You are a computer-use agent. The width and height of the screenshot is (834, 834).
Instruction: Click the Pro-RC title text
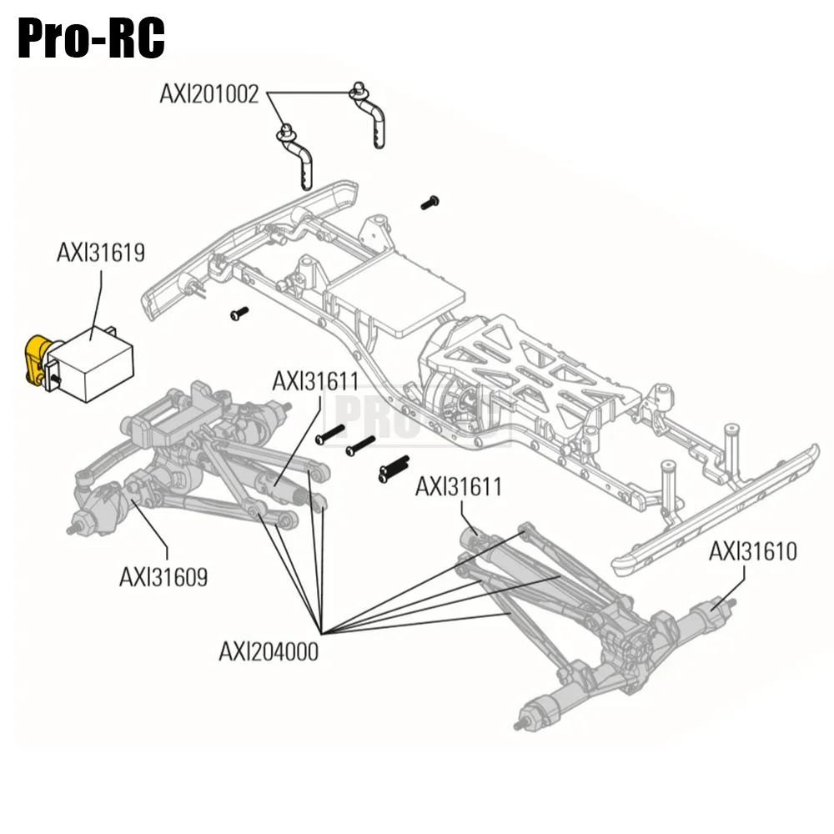tap(91, 37)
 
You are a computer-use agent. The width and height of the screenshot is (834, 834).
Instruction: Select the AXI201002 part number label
tap(209, 93)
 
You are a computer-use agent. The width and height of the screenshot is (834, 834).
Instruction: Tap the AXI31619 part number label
tap(101, 253)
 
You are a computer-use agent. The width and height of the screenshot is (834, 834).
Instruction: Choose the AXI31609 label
tap(163, 576)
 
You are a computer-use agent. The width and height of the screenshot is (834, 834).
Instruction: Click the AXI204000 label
tap(269, 651)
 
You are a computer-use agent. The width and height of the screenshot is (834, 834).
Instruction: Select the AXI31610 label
tap(753, 551)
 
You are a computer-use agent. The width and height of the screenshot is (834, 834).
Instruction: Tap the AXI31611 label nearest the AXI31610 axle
tap(459, 486)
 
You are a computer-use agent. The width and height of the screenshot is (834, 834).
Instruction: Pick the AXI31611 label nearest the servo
tap(315, 381)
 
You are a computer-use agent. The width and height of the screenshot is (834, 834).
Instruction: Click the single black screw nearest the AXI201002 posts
tap(430, 202)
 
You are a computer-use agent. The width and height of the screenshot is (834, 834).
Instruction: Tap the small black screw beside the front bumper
tap(239, 314)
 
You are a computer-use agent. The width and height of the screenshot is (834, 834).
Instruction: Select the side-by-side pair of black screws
tap(393, 470)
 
